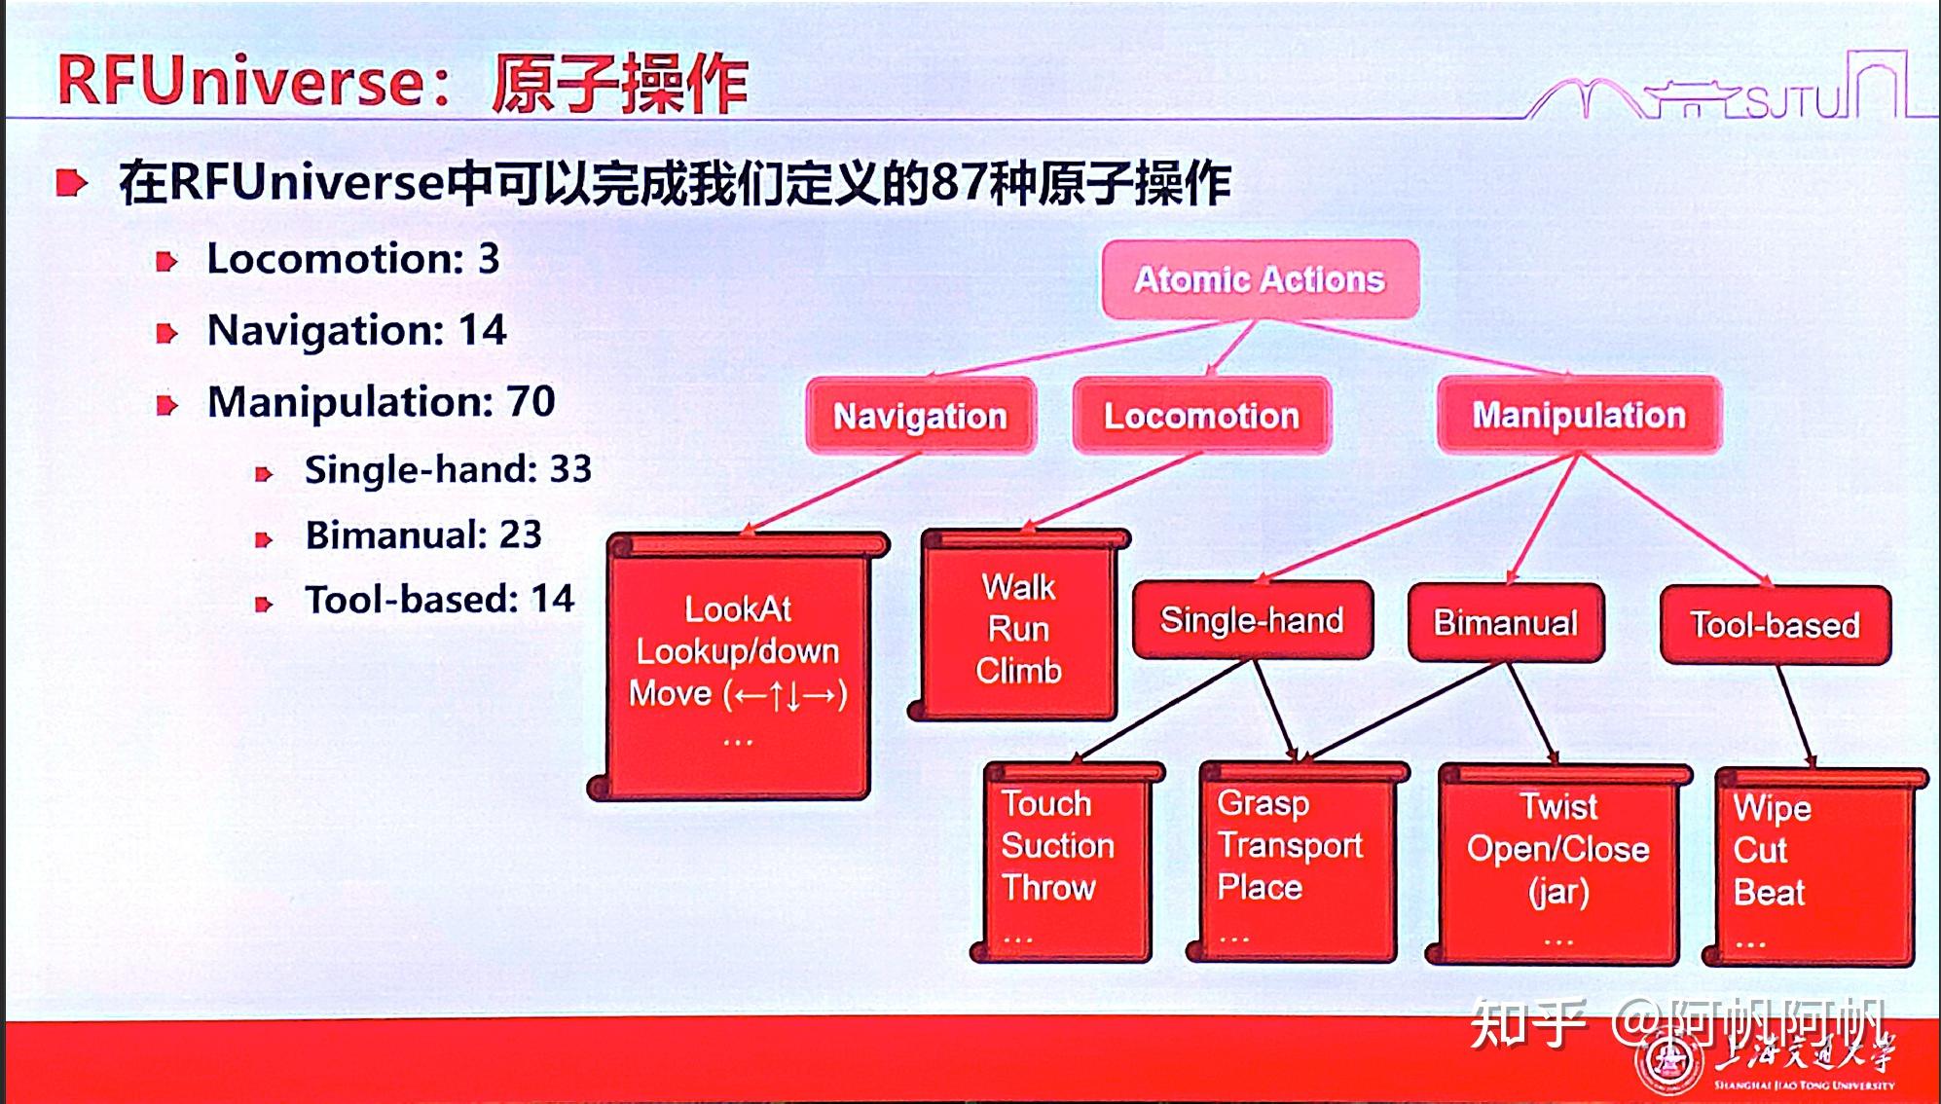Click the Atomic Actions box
coord(1260,279)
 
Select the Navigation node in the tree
coord(920,416)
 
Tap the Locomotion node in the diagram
coord(1201,416)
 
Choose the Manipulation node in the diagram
coord(1579,415)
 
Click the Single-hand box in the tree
coord(1252,620)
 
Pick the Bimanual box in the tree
coord(1505,623)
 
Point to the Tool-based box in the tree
coord(1775,625)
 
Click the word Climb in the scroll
coord(1018,671)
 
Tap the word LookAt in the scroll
coord(738,609)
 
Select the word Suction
coord(1058,845)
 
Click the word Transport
coord(1290,846)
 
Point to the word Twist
coord(1558,806)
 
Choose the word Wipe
coord(1772,808)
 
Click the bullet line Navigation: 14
coord(356,330)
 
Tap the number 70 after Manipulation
coord(531,401)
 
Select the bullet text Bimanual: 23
coord(423,534)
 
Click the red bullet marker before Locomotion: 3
coord(167,261)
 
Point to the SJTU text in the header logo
coord(1793,101)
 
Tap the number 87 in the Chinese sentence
coord(959,182)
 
